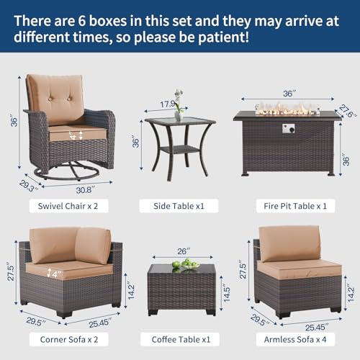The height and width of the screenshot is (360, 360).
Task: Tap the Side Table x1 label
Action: point(179,206)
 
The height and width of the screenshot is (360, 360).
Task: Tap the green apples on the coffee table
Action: point(189,264)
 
